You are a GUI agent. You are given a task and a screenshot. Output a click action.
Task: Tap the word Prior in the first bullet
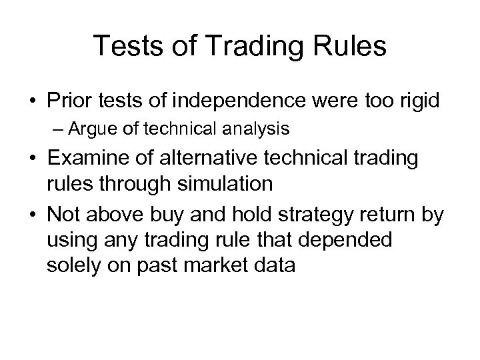(x=70, y=102)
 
